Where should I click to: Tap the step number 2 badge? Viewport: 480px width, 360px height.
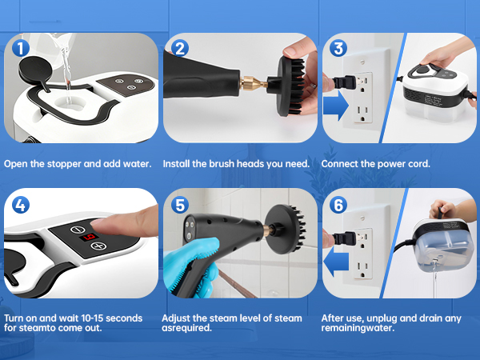point(180,49)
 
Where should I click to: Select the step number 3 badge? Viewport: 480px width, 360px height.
point(338,49)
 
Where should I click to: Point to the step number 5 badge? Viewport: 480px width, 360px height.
point(180,205)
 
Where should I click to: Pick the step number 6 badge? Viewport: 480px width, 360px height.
point(338,205)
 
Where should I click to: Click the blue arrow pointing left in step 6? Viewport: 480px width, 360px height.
point(339,259)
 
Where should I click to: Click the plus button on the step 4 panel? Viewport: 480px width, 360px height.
point(100,246)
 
